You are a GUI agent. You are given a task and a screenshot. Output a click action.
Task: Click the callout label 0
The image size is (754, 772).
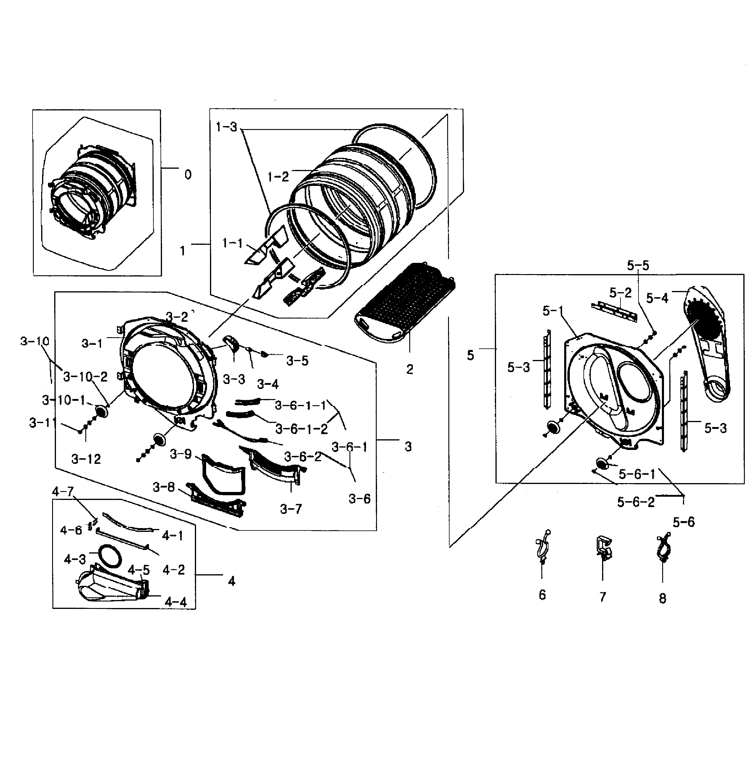click(188, 175)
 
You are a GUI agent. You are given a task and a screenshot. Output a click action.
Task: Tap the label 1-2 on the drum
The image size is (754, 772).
click(278, 176)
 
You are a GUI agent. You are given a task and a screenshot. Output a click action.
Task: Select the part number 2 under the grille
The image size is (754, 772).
click(410, 369)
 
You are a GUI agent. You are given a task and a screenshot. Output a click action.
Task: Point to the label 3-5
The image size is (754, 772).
click(297, 361)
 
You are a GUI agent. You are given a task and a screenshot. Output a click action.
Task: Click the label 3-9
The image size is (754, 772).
click(181, 454)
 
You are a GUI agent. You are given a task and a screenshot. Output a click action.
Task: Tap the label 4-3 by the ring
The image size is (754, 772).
click(75, 559)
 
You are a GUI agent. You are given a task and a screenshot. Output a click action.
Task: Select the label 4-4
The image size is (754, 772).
click(175, 602)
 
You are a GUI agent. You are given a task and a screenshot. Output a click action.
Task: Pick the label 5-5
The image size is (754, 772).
click(638, 266)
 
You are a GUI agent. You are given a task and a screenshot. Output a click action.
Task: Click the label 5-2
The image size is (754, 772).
click(620, 293)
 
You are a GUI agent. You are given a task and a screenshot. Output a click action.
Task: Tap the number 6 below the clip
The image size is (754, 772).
click(542, 595)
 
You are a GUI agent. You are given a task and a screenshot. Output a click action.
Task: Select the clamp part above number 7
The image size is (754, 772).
click(603, 548)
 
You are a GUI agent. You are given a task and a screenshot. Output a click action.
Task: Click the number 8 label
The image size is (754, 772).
click(662, 598)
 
